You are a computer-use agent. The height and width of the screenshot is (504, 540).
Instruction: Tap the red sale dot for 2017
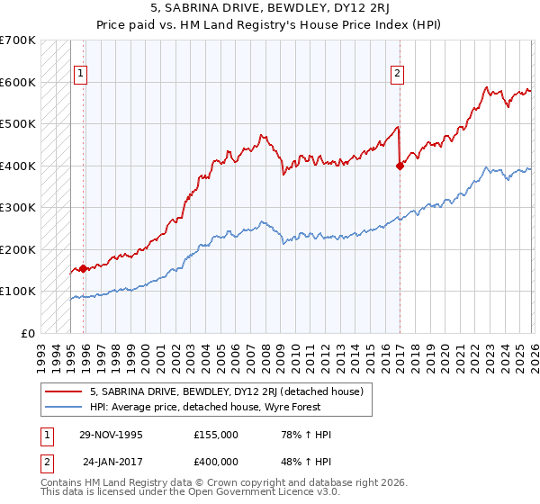400,166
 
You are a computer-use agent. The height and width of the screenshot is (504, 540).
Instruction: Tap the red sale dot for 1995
84,268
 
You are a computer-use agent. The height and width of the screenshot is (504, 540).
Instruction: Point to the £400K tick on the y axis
18,166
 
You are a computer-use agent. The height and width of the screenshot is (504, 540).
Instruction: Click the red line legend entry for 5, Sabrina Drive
225,391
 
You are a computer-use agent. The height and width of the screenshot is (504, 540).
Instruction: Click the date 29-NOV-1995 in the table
111,435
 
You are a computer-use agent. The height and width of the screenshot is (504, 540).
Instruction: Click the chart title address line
270,11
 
